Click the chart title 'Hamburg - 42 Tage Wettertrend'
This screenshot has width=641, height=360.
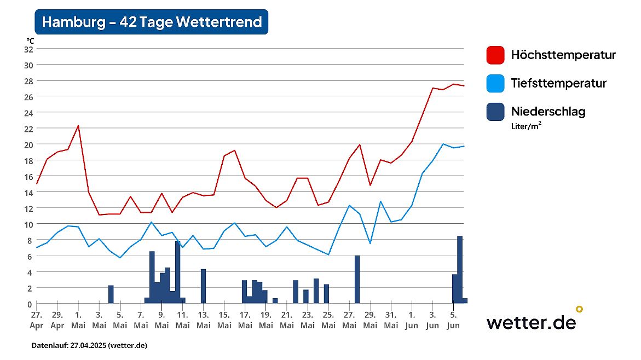click(x=152, y=22)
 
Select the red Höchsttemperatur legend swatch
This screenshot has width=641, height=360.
click(x=495, y=55)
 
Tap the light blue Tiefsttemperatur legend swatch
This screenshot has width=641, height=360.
click(x=495, y=84)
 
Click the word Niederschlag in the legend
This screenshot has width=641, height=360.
click(x=548, y=112)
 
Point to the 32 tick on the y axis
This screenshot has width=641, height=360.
click(x=28, y=49)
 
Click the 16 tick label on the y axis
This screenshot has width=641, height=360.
click(x=28, y=176)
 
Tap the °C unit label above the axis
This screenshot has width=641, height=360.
click(x=30, y=40)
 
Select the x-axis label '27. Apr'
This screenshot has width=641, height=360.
click(x=37, y=320)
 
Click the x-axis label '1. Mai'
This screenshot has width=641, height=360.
click(x=78, y=320)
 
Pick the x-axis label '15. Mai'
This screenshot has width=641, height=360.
click(x=224, y=320)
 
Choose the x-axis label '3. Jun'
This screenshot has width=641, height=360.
click(x=432, y=320)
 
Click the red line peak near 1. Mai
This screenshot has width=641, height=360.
click(x=78, y=126)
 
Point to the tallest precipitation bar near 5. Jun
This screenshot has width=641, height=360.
click(x=460, y=269)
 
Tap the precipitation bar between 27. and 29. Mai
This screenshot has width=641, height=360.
click(x=357, y=279)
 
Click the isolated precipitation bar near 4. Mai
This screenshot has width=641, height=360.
click(x=111, y=294)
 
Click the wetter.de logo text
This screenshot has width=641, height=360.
click(x=531, y=322)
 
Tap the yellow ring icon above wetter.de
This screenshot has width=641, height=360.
click(x=579, y=309)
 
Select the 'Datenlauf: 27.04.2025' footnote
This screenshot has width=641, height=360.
click(x=89, y=346)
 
